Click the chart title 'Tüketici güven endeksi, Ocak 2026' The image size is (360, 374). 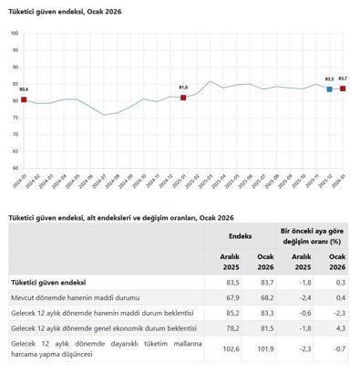(65, 11)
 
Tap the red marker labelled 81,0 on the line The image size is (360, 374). (183, 98)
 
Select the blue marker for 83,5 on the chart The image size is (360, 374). (329, 89)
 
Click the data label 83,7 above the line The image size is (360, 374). (343, 78)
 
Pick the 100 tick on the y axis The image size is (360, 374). (14, 33)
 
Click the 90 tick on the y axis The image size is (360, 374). (14, 56)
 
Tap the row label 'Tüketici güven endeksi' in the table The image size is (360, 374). (47, 284)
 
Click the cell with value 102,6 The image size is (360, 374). (231, 348)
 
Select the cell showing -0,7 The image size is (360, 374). (337, 348)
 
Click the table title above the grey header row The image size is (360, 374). (121, 217)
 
